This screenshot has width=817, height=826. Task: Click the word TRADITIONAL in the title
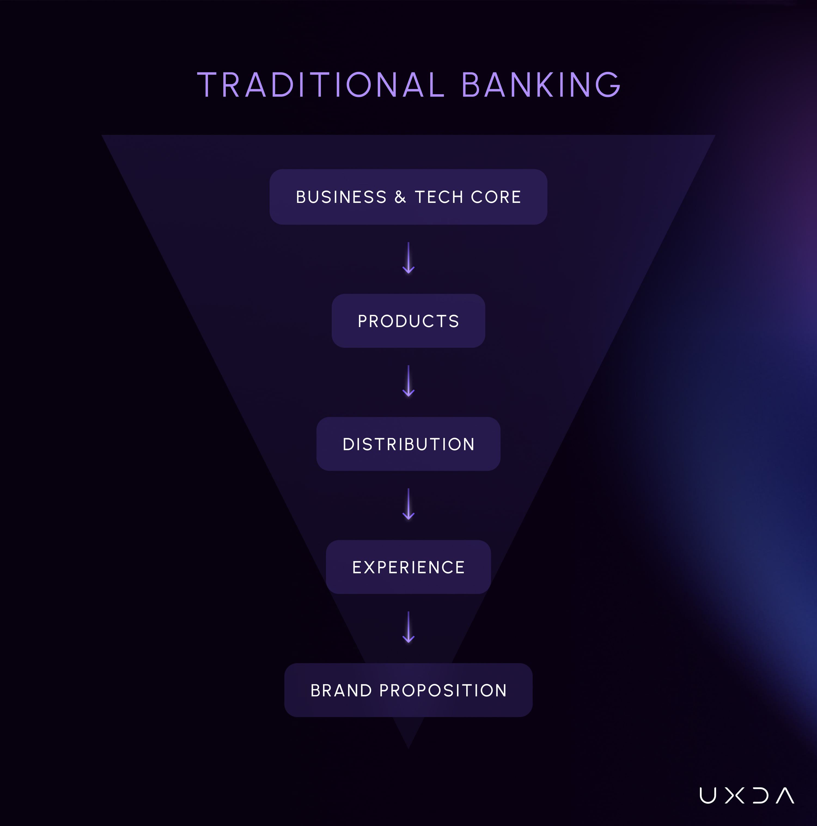click(x=321, y=85)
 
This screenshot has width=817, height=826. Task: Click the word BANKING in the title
click(x=541, y=85)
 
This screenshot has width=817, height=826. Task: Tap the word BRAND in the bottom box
click(x=341, y=690)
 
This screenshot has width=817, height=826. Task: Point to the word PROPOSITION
click(x=443, y=690)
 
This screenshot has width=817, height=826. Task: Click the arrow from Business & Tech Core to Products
click(x=408, y=258)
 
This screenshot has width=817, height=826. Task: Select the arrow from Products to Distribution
click(x=408, y=381)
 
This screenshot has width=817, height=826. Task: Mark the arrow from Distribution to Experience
click(x=408, y=504)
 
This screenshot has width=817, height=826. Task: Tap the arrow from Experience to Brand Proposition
click(x=408, y=628)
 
